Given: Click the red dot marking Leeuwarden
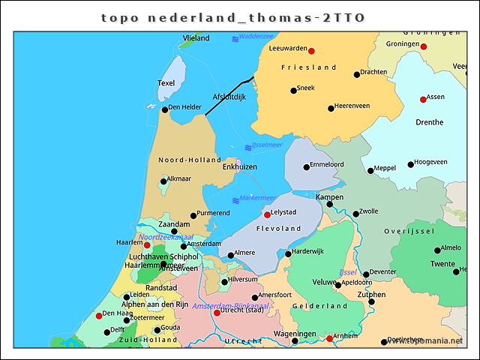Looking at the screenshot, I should coord(312,51).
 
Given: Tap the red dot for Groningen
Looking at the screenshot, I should coord(424,46).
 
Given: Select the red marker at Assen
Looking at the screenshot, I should coord(423,100).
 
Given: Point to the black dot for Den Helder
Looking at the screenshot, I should coord(165,109).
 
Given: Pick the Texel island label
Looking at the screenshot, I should coord(166,83).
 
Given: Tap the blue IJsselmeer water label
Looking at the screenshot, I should coord(267,145).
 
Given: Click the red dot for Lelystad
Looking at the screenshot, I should coord(267,214).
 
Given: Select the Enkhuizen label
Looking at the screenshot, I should coord(240,166).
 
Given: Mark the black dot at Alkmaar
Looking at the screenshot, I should coord(163,181).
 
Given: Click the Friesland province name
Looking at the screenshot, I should coord(308,67).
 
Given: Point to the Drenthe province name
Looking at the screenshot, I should coord(428,122).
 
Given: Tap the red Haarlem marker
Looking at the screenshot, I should coord(147,245).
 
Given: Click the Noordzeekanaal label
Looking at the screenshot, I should coord(160,237).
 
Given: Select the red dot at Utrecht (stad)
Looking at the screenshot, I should coord(217,313).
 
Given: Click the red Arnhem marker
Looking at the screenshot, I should coord(329,339).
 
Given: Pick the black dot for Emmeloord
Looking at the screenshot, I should coord(306,167).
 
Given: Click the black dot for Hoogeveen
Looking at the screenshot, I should coord(410,164).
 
